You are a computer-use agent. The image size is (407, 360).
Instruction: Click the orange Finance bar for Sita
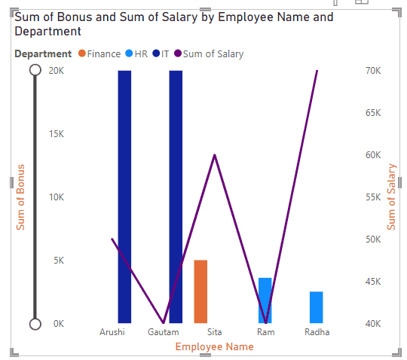[200, 291]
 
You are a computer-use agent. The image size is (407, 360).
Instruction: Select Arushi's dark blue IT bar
[124, 197]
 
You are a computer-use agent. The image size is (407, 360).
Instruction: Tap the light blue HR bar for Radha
[317, 307]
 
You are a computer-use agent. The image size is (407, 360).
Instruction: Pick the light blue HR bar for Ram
[265, 301]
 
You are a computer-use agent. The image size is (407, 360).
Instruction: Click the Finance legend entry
[99, 54]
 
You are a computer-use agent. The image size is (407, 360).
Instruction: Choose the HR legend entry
[136, 54]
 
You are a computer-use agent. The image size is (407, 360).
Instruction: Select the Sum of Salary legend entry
[209, 54]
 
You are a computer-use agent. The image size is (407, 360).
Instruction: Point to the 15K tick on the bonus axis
[57, 134]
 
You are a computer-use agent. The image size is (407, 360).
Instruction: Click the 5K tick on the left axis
[59, 261]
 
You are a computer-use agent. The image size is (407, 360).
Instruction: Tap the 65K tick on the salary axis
[373, 113]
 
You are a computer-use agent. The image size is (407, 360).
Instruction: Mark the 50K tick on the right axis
[373, 239]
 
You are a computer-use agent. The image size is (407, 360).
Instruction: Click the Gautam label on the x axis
[164, 332]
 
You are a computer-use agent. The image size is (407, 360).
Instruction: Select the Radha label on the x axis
[317, 332]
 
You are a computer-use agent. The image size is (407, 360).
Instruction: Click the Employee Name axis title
[214, 346]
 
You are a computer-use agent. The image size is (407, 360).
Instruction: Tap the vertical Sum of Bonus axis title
[20, 197]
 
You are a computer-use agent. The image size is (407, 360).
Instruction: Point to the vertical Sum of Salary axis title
[391, 197]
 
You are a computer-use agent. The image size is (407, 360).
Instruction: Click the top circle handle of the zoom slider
[35, 70]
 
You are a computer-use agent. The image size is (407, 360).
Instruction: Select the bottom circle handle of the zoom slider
[35, 324]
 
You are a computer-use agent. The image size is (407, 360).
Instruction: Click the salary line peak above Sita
[215, 155]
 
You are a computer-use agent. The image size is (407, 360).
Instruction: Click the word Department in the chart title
[47, 32]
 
